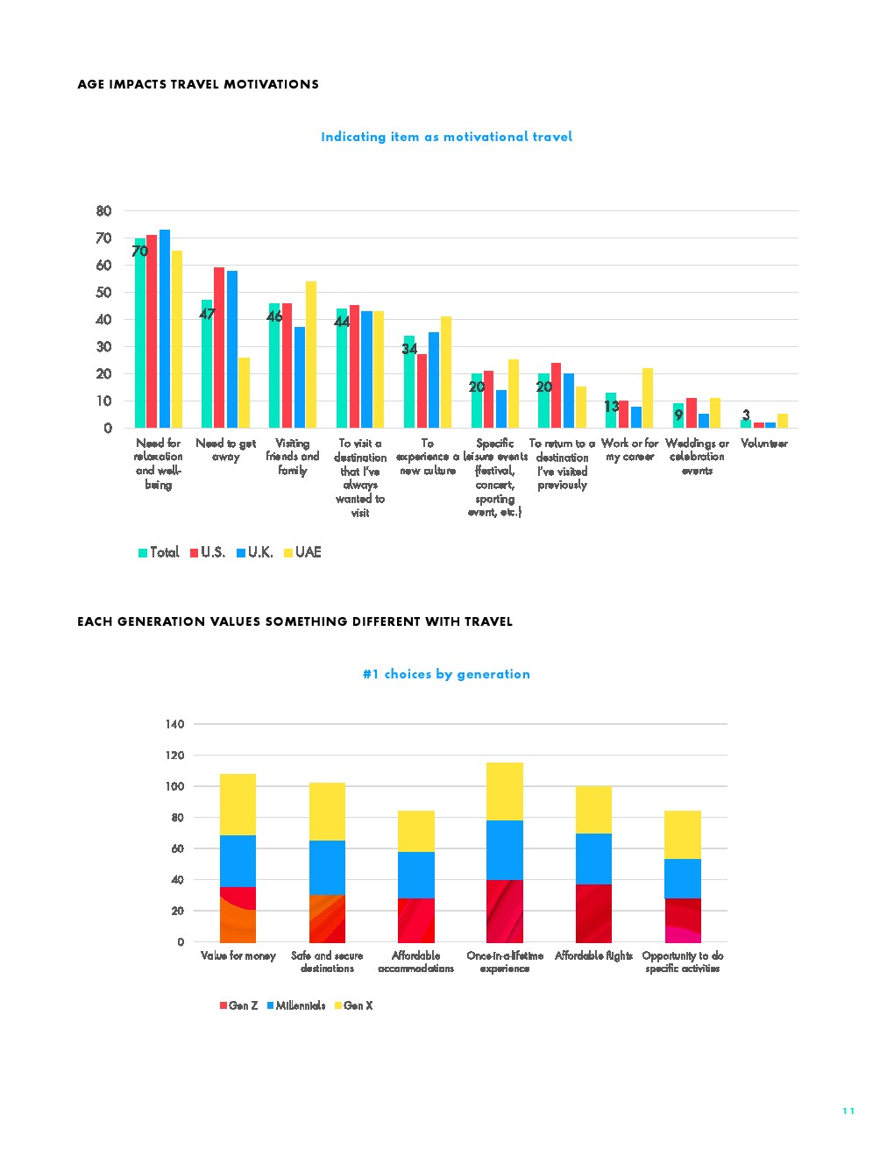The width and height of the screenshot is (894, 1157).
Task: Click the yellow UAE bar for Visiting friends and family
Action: pos(311,355)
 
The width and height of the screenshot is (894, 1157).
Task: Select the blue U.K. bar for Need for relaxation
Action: pos(165,329)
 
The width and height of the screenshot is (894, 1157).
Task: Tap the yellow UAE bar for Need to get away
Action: pos(244,393)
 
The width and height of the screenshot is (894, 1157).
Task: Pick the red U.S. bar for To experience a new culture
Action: pos(422,391)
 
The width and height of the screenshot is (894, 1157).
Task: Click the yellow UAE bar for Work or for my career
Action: pos(648,398)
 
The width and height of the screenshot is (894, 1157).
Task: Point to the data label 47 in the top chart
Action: pos(207,314)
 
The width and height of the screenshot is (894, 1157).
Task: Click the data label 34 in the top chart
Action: pos(409,349)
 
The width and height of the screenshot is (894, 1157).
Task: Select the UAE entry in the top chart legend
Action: pos(302,552)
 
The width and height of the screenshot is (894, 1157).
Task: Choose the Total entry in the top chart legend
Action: pos(159,552)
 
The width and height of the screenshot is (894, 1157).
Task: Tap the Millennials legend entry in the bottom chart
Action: pos(296,1005)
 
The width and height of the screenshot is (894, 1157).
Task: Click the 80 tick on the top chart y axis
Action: pos(103,211)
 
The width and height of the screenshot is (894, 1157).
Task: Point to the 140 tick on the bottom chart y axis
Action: pos(174,724)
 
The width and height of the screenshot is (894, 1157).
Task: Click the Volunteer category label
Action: pos(763,444)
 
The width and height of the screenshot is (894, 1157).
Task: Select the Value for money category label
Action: pos(238,955)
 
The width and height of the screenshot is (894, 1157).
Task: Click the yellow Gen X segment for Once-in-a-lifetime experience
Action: pos(505,791)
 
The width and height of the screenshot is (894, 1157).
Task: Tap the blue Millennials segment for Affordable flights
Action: pos(593,859)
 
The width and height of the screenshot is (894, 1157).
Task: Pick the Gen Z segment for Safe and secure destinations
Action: pos(327,919)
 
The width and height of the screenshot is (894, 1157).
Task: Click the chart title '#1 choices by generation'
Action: pos(446,674)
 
